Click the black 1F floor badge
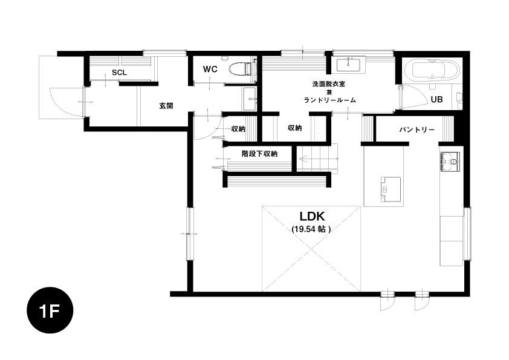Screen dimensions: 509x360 50,310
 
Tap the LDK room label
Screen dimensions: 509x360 312,217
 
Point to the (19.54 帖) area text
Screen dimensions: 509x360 311,229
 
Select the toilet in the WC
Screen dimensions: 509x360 241,69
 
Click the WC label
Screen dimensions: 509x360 210,69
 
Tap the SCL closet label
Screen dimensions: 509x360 119,73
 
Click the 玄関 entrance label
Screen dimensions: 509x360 166,106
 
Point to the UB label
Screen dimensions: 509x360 436,99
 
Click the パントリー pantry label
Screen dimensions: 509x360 417,130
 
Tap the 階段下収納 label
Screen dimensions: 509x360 259,153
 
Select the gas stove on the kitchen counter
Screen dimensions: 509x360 450,162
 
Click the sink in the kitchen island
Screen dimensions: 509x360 391,189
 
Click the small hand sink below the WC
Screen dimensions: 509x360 250,99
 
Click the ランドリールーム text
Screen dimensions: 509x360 329,100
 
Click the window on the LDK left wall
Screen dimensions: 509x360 190,234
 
